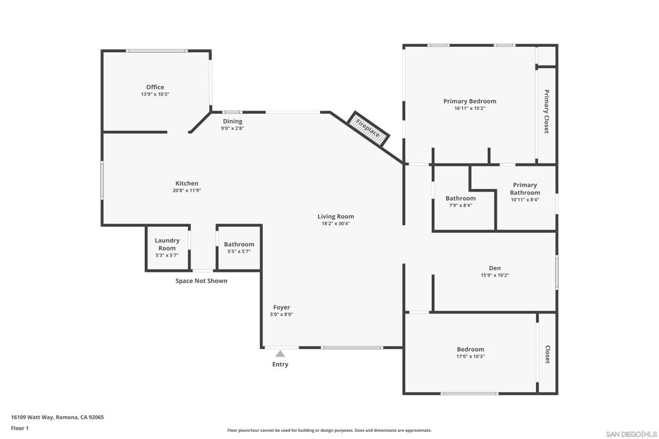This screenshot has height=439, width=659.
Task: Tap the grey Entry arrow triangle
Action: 281,354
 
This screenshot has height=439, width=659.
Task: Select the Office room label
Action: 155,87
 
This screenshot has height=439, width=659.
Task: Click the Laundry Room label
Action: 167,244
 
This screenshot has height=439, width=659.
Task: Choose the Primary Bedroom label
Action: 470,101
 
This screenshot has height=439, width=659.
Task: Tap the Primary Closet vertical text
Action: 546,111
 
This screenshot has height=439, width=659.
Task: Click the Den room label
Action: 495,268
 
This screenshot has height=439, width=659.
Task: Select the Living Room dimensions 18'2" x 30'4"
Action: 335,224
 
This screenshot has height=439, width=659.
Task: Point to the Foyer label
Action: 282,307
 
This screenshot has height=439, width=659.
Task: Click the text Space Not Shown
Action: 201,281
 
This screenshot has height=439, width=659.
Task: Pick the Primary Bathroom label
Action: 525,189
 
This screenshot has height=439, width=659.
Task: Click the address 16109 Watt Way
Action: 32,417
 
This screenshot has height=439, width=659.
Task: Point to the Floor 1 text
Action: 20,428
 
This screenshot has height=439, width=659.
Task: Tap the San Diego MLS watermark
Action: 631,434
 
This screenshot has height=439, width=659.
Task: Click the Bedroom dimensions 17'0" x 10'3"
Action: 470,357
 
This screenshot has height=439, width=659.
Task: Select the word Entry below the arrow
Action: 281,364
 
